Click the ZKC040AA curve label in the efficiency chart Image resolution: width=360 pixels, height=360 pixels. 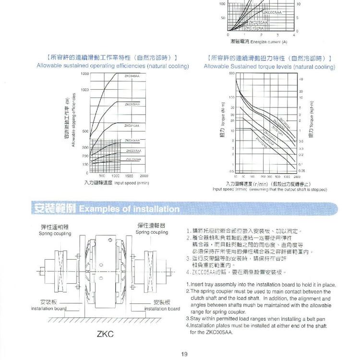tap(132, 76)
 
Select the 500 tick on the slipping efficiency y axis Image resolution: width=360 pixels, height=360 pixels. tap(85, 131)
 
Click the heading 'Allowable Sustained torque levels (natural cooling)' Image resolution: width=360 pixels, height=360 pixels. tap(269, 67)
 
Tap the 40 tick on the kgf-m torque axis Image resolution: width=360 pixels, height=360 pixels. tap(300, 79)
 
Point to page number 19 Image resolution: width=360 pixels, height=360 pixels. tap(184, 354)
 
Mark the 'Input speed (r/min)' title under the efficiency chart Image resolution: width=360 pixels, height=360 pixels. tap(117, 183)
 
